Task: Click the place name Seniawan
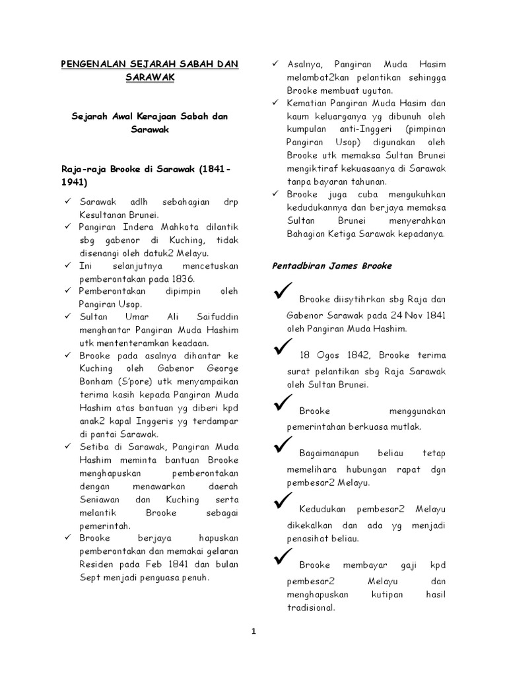click(x=101, y=499)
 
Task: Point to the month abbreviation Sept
click(x=89, y=578)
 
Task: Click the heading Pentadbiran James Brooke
click(x=332, y=266)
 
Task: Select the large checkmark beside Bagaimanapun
click(x=282, y=449)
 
